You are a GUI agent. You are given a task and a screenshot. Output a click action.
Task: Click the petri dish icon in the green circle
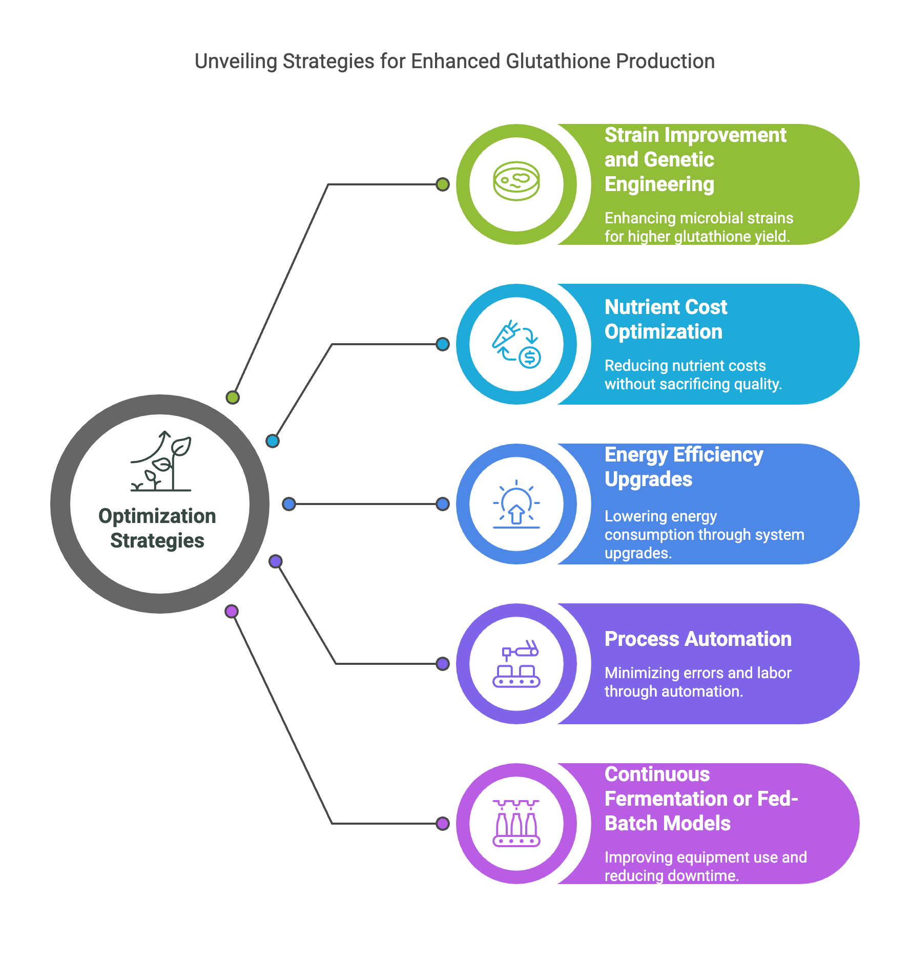[516, 181]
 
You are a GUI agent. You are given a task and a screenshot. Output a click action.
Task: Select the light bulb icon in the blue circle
[516, 504]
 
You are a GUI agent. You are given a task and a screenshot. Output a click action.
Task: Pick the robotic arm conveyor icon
[516, 663]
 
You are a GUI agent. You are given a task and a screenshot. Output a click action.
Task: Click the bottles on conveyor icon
[516, 823]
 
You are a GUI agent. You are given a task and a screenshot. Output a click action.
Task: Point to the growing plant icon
[161, 461]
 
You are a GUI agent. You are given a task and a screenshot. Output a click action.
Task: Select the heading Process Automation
[698, 639]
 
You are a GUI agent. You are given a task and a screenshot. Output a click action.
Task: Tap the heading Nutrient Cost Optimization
[666, 319]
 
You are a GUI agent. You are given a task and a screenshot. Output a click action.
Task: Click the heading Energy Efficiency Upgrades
[684, 467]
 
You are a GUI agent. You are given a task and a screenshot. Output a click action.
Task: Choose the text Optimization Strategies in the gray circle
[157, 528]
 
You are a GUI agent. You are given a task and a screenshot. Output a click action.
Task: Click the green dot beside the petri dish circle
[443, 184]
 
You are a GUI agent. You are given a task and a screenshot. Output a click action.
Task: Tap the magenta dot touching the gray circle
[232, 611]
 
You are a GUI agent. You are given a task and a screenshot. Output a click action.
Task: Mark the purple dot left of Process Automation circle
[443, 664]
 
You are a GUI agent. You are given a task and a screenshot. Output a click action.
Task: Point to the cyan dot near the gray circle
[273, 440]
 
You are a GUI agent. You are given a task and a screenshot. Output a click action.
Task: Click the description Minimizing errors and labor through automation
[698, 682]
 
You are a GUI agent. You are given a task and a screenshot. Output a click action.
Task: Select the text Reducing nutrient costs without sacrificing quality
[693, 374]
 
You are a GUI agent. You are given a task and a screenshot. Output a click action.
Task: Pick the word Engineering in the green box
[659, 184]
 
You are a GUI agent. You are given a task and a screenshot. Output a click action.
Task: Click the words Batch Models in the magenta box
[668, 823]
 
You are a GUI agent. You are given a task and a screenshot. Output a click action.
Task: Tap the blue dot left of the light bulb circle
[443, 504]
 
